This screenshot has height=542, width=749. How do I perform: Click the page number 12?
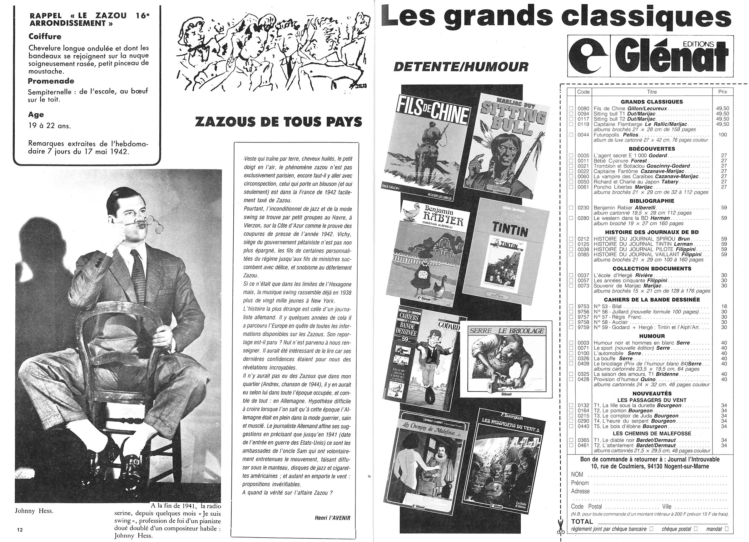click(x=20, y=529)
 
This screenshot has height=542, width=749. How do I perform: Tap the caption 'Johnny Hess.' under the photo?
click(x=34, y=511)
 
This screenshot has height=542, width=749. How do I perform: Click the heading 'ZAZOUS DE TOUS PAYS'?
click(x=278, y=122)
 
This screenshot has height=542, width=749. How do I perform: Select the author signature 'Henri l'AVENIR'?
click(x=332, y=518)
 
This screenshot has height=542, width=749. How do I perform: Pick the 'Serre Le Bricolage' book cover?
click(x=506, y=359)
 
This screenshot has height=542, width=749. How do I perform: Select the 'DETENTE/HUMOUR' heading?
click(x=461, y=67)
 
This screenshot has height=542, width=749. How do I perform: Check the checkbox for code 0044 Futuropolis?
click(x=571, y=135)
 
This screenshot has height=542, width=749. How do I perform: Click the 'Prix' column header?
click(x=722, y=92)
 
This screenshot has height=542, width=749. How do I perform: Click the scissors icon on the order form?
click(x=560, y=527)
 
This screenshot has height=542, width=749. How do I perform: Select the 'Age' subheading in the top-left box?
click(x=36, y=115)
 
